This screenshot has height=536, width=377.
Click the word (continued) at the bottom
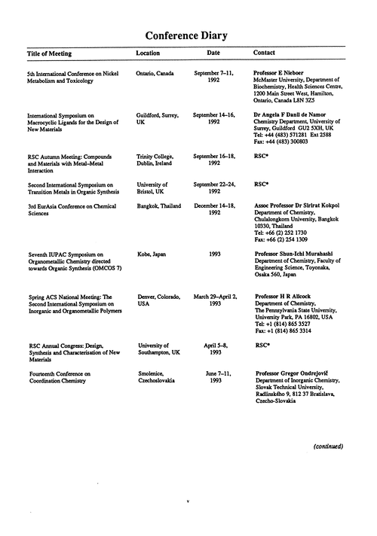click(x=328, y=446)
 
